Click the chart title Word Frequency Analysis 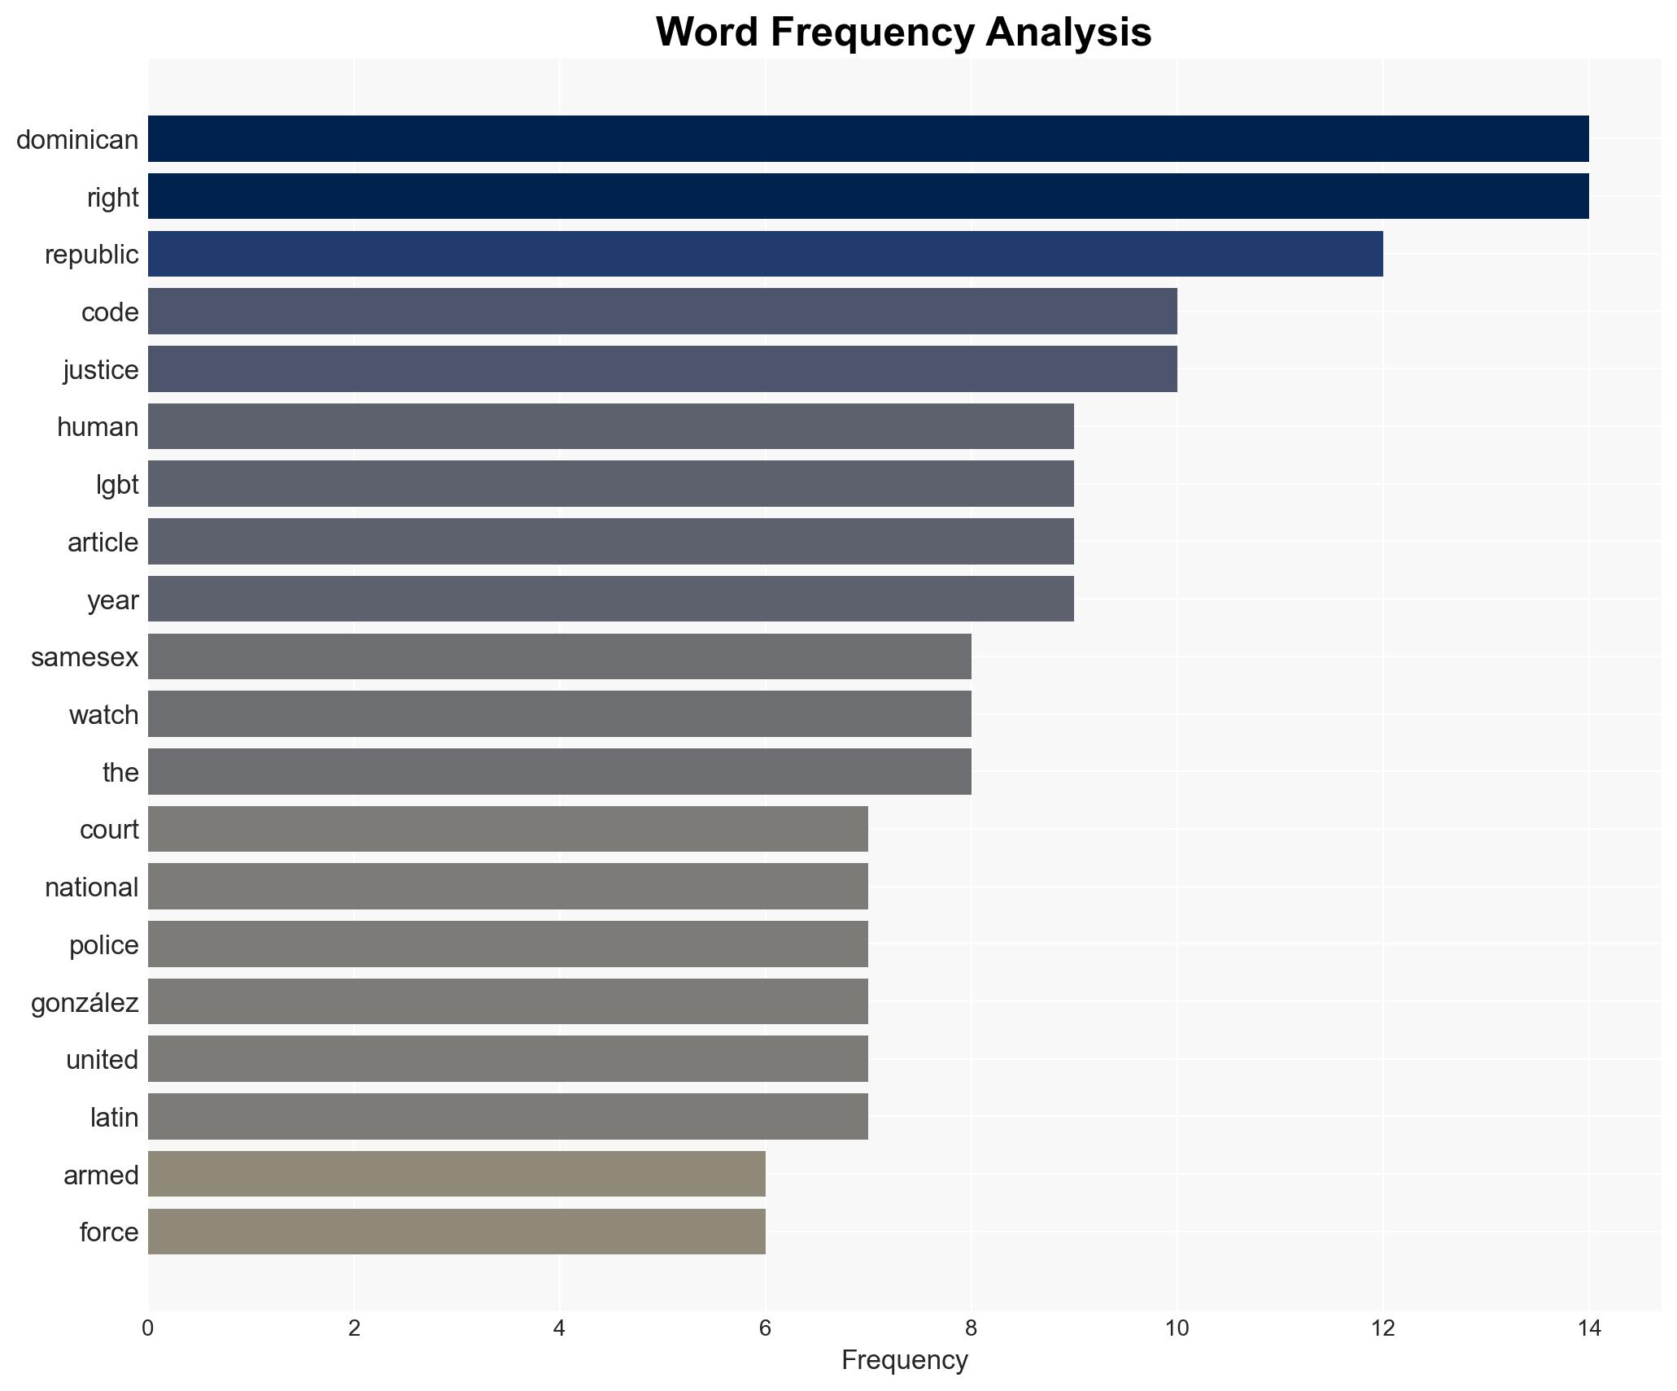[903, 33]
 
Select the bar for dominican [867, 139]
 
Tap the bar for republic [765, 254]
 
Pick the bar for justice [662, 369]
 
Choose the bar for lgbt [610, 484]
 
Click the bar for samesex [559, 656]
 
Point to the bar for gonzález [508, 1001]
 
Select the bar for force [456, 1232]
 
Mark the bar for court [508, 829]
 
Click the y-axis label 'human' [98, 427]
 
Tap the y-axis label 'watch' [103, 715]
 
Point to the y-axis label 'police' [103, 945]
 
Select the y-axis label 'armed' [101, 1175]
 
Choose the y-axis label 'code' [110, 312]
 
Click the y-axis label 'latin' [114, 1118]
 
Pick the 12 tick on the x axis [1382, 1328]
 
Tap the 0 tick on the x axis [147, 1328]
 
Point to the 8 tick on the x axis [971, 1328]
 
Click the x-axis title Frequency [903, 1360]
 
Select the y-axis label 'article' [103, 543]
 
